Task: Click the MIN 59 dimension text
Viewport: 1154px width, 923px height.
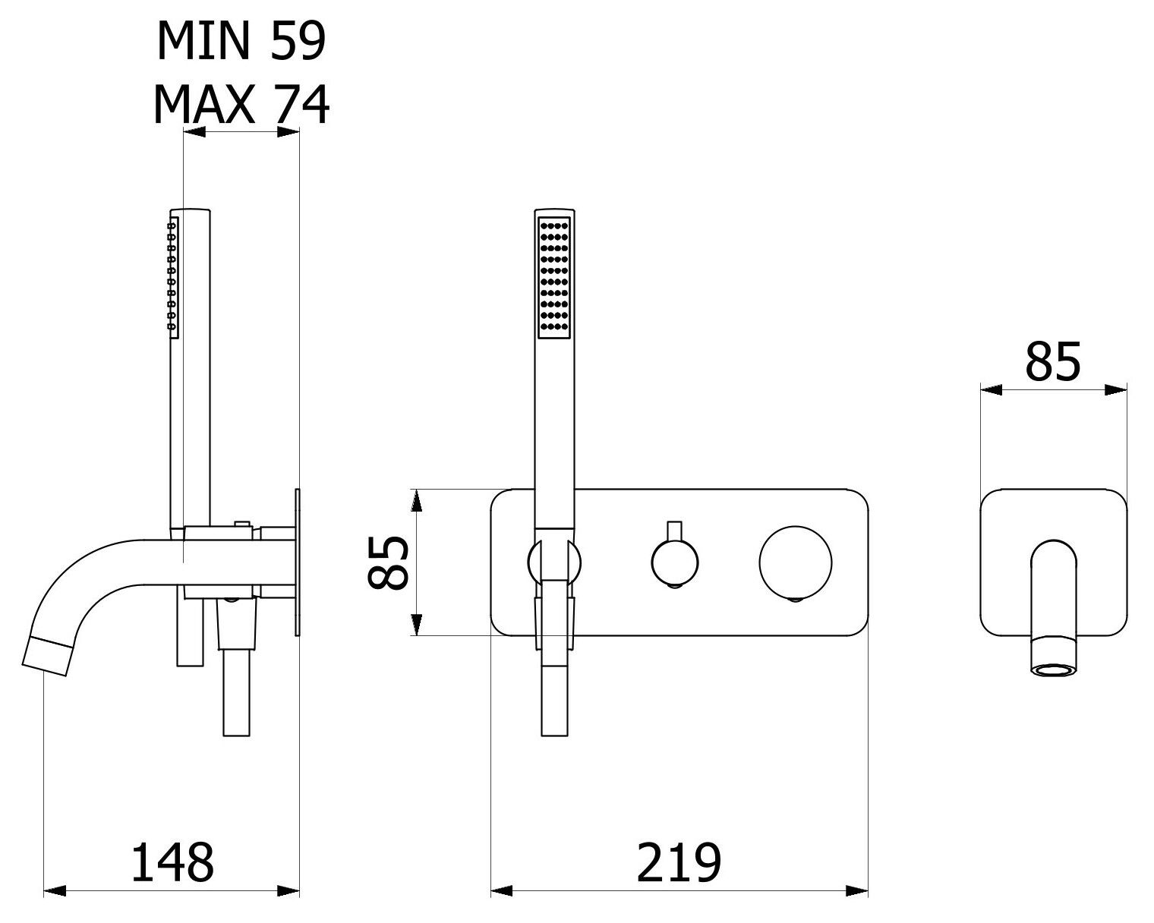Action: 241,41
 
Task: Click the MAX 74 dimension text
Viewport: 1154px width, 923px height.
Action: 241,105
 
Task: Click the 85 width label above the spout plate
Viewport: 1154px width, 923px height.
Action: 1053,363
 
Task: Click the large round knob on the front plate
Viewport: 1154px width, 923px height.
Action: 796,562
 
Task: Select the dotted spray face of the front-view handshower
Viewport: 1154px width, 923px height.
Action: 554,278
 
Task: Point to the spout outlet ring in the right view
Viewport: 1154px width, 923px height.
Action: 1054,670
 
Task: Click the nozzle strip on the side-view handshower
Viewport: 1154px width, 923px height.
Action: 173,275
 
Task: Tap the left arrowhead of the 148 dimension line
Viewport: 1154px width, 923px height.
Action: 54,891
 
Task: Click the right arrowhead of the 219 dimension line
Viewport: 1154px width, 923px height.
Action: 857,891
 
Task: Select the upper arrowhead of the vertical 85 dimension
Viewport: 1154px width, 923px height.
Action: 417,501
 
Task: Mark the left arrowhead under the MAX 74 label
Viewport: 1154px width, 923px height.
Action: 194,132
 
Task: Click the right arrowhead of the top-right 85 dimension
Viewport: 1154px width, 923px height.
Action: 1116,390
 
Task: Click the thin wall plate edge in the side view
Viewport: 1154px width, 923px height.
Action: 297,562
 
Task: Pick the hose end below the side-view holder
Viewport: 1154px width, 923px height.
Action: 236,692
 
